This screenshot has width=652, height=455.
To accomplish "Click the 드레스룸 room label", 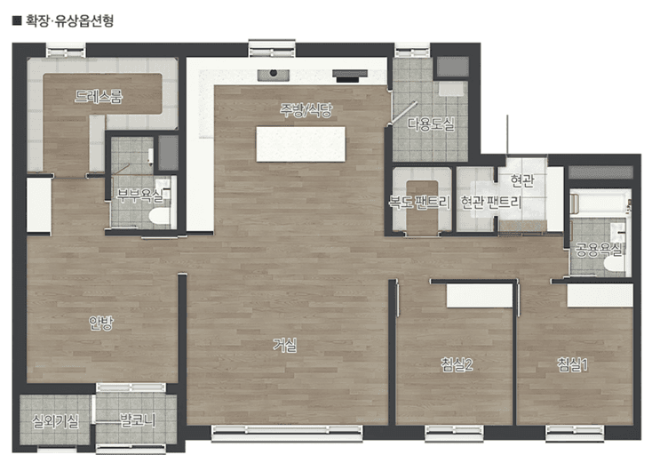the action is click(x=99, y=97).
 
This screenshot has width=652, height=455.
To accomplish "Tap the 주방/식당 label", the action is click(x=306, y=110).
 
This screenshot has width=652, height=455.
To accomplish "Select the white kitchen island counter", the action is click(x=300, y=144).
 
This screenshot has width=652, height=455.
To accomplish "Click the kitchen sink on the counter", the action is click(x=274, y=75).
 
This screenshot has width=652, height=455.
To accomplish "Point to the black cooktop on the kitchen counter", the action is click(x=350, y=76).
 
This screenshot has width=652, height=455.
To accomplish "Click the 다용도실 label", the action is click(x=431, y=124).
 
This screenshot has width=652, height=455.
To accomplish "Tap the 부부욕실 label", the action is click(x=139, y=195).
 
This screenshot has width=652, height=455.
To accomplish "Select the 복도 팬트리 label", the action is click(x=419, y=202).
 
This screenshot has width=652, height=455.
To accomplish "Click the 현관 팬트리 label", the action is click(x=490, y=202).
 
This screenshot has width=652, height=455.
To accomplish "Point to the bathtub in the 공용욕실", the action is click(x=600, y=204).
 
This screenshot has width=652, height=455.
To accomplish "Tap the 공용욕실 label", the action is click(x=599, y=250).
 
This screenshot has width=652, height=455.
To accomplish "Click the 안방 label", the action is click(x=100, y=323).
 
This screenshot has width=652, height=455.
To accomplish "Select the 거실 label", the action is click(x=285, y=345).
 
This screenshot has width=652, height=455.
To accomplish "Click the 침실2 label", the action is click(x=457, y=364).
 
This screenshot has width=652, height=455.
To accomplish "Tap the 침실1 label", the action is click(x=572, y=364).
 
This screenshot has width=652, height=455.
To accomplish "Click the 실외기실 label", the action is click(x=55, y=421).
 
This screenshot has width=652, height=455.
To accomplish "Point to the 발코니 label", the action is click(x=137, y=420).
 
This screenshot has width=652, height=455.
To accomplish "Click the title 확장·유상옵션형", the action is click(x=69, y=20).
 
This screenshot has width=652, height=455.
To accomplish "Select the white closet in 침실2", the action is click(x=480, y=296).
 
